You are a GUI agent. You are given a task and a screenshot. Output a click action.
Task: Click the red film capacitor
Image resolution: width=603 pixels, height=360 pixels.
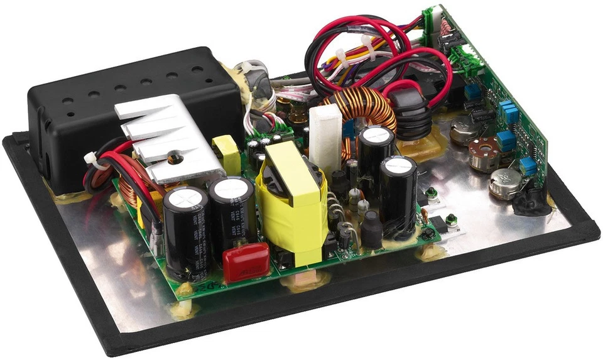coord(246,262)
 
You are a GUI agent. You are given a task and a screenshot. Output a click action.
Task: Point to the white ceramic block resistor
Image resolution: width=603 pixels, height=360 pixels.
coord(325,135)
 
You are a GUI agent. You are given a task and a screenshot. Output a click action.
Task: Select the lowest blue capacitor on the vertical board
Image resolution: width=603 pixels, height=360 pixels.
coord(528,166)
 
